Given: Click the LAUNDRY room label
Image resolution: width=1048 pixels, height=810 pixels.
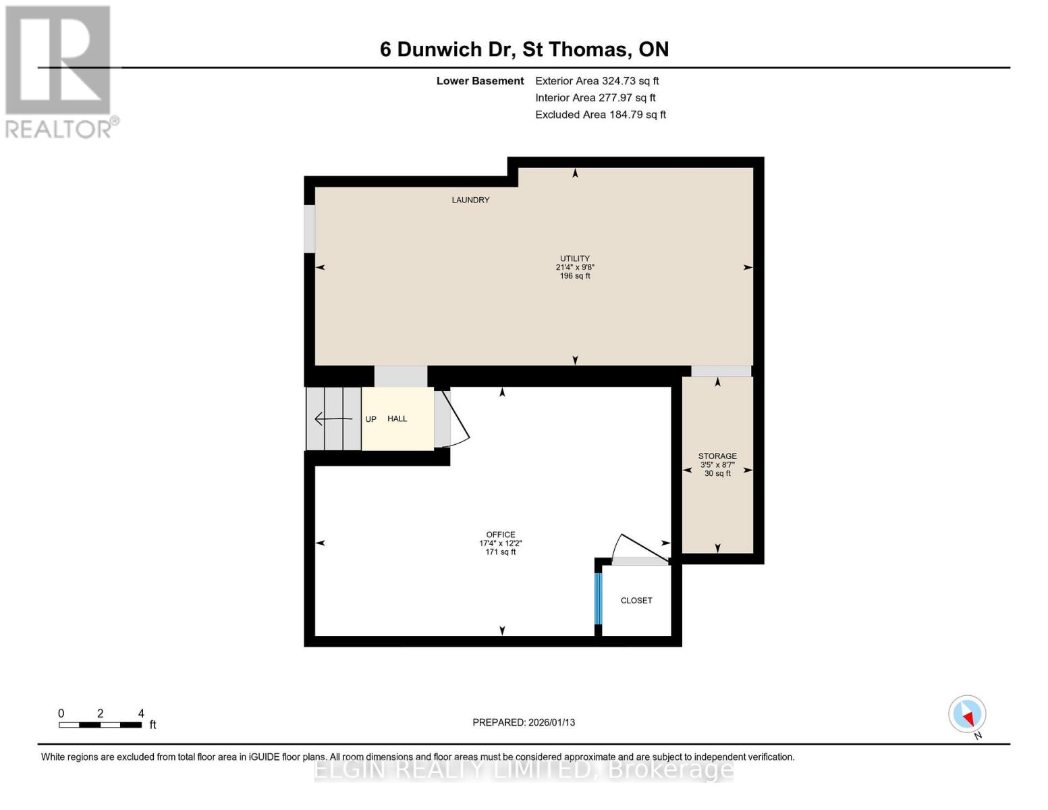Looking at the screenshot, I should (x=470, y=200).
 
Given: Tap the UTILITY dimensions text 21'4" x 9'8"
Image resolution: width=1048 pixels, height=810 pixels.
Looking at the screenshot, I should (x=575, y=267).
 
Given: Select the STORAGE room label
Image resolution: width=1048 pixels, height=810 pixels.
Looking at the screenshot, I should (x=717, y=456).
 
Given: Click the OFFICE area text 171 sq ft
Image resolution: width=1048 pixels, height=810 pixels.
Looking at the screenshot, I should (x=501, y=552).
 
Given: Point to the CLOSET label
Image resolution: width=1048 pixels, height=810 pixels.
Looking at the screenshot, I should (x=636, y=600).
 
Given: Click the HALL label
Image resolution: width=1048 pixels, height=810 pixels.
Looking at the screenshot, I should (x=397, y=418).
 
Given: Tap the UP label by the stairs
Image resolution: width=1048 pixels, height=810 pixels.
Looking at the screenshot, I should (x=370, y=419).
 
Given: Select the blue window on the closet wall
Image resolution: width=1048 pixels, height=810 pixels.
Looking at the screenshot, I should (x=598, y=598).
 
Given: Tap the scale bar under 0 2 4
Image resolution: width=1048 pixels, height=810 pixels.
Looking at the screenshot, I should (x=100, y=725).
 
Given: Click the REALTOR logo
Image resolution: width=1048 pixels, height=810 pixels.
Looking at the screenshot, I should (x=59, y=71).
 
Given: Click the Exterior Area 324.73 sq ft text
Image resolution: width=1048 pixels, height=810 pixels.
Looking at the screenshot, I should (x=597, y=80).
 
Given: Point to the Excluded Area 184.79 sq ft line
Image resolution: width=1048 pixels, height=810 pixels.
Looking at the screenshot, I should (x=601, y=115).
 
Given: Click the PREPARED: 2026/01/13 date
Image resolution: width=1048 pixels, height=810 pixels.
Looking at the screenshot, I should (x=524, y=722).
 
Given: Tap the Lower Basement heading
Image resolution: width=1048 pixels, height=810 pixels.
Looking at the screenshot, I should (x=480, y=80).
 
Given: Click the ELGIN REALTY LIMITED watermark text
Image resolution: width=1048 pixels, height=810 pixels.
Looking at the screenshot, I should (x=524, y=769).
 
